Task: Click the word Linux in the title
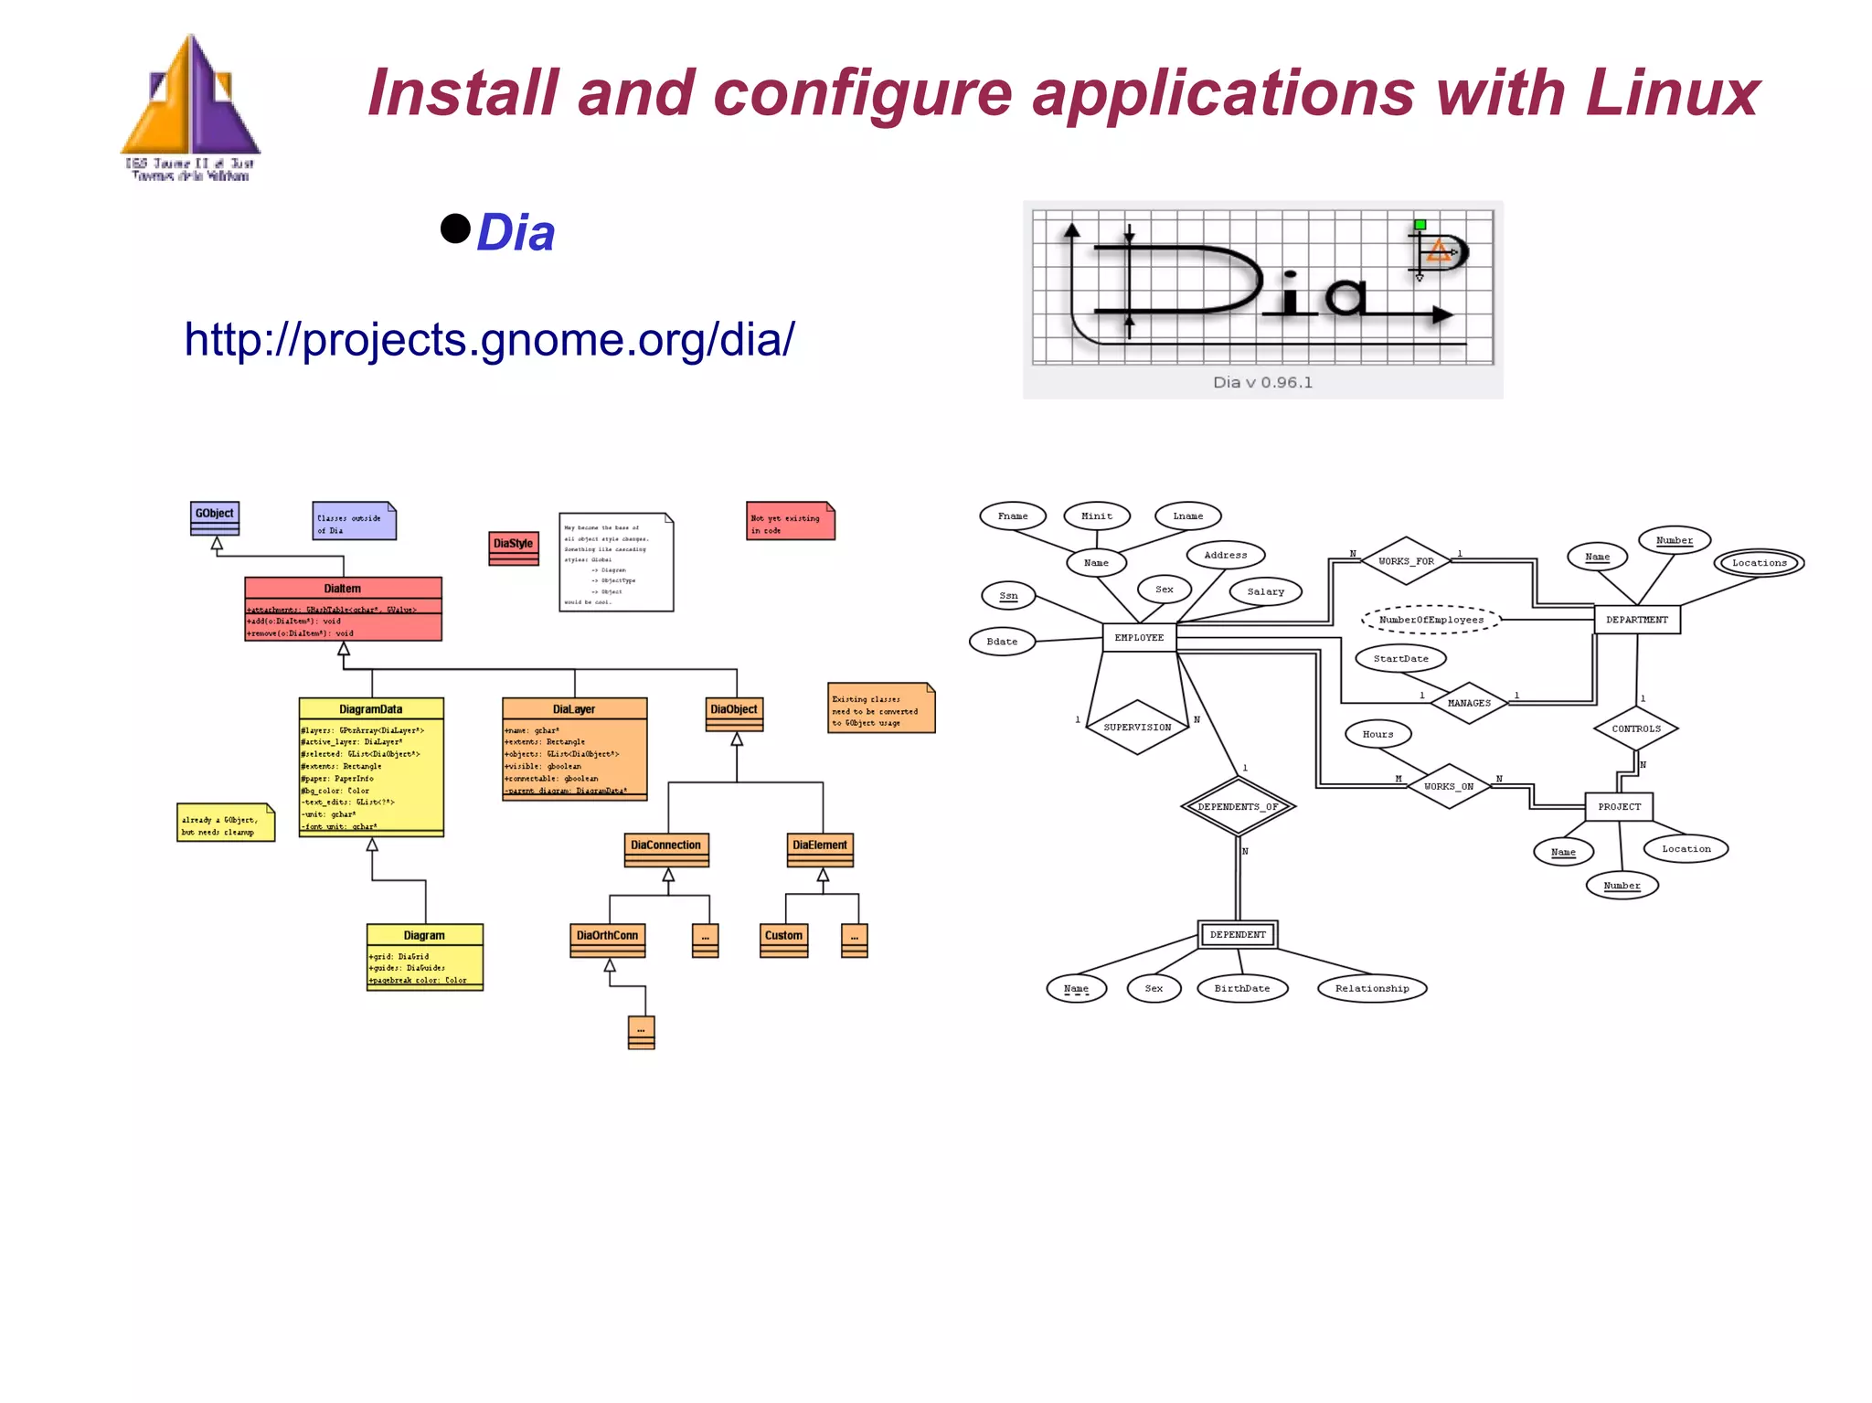[x=1672, y=93]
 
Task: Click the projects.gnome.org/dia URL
[x=489, y=339]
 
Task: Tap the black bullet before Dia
[x=454, y=229]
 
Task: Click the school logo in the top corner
[x=191, y=108]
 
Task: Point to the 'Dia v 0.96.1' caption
[x=1262, y=382]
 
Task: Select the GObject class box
[x=215, y=517]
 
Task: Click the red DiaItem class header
[x=343, y=589]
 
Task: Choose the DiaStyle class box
[x=513, y=547]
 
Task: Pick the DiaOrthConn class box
[x=607, y=940]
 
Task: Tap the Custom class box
[x=783, y=940]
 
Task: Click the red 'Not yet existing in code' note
[x=790, y=521]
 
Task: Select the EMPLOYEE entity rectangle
[x=1139, y=637]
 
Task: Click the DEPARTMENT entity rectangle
[x=1636, y=620]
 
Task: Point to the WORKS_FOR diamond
[x=1406, y=561]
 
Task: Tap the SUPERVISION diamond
[x=1137, y=728]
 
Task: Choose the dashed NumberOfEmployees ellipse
[x=1431, y=620]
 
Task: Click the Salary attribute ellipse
[x=1265, y=591]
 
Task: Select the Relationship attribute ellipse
[x=1371, y=988]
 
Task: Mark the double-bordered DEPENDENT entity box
[x=1238, y=934]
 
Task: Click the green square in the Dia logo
[x=1420, y=224]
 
